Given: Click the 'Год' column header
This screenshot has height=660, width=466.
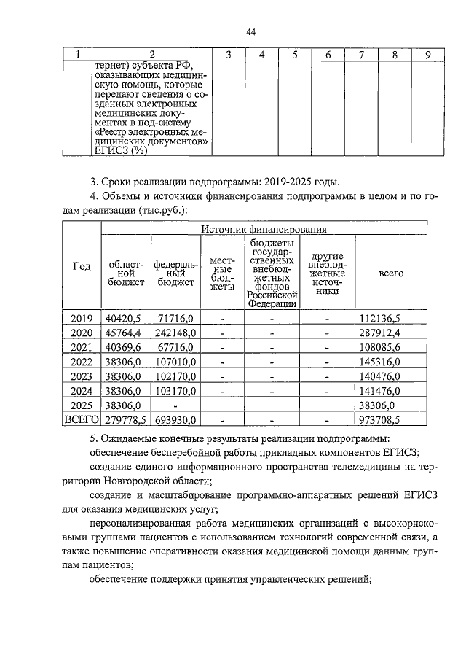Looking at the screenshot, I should (x=82, y=267).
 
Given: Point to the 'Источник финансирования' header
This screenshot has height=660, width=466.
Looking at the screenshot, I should (x=264, y=230).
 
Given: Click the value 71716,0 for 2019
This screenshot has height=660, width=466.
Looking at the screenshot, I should (x=174, y=318).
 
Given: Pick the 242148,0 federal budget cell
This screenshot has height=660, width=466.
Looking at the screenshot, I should (x=174, y=333).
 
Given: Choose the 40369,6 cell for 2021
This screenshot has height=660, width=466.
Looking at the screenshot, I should (x=124, y=347).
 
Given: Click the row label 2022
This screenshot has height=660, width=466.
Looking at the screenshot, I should (x=82, y=362).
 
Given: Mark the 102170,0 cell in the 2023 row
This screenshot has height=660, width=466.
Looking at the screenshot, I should (x=174, y=376).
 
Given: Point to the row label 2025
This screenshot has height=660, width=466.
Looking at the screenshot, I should (x=82, y=405).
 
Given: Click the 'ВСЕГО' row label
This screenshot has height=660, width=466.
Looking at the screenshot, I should (x=82, y=420).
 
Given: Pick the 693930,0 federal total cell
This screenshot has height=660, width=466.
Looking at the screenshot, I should (x=174, y=420).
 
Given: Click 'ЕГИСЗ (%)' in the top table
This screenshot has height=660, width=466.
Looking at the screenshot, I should (x=120, y=151).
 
